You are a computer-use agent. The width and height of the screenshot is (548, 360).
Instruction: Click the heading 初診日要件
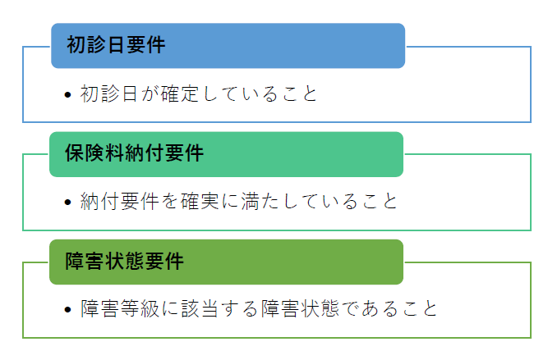click(x=116, y=45)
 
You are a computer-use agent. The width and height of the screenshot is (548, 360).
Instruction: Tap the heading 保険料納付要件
click(x=134, y=153)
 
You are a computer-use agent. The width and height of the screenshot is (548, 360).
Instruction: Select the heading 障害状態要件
click(x=124, y=261)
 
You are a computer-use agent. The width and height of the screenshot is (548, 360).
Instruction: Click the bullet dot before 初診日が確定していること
click(x=68, y=94)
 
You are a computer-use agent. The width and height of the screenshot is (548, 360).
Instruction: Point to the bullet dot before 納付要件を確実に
click(x=68, y=202)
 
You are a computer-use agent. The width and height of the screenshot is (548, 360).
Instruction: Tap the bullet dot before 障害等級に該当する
click(x=68, y=309)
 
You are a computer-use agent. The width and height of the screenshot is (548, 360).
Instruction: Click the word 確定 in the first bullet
click(x=180, y=93)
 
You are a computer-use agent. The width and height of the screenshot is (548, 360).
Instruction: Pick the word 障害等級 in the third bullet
click(x=120, y=308)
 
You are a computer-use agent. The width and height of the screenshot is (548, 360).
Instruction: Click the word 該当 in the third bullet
click(x=200, y=308)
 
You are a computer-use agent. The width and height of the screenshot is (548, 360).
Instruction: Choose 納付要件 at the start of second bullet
click(x=120, y=201)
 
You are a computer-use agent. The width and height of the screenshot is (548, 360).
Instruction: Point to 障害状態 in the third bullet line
click(x=300, y=308)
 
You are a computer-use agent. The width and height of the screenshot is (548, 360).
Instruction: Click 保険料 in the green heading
click(x=94, y=153)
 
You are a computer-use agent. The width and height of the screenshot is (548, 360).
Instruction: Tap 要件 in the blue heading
click(x=145, y=45)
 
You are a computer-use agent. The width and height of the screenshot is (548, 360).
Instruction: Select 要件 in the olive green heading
click(x=164, y=261)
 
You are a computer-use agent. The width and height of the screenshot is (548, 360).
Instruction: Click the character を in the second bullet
click(x=170, y=201)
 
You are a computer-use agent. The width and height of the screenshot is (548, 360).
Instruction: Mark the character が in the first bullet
click(x=150, y=93)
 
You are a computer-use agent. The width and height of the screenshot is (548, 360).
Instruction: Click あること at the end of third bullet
click(x=400, y=308)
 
